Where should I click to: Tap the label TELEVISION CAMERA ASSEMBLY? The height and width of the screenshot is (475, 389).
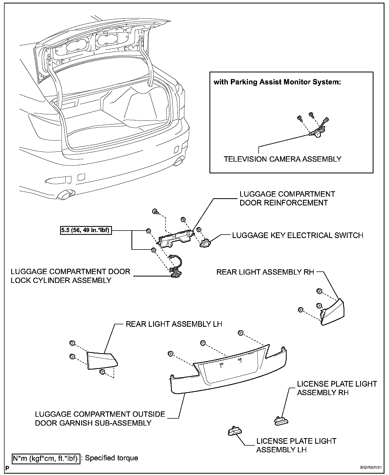(x=282, y=159)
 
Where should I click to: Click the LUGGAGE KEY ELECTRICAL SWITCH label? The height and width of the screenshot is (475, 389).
(x=298, y=235)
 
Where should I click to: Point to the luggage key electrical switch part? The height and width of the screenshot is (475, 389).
(x=206, y=243)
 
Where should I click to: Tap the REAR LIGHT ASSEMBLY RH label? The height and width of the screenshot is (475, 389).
(x=265, y=272)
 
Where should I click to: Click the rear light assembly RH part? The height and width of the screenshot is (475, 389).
(x=333, y=313)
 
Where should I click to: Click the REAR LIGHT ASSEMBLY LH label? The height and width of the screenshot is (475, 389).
(x=174, y=324)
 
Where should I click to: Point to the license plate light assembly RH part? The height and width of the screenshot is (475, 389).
(x=281, y=421)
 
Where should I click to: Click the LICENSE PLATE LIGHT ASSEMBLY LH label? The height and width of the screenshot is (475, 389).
(x=296, y=445)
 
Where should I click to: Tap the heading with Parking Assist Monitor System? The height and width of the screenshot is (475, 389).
(x=277, y=82)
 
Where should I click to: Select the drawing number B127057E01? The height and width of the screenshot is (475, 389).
(x=371, y=468)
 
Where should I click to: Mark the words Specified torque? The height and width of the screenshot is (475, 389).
(x=111, y=458)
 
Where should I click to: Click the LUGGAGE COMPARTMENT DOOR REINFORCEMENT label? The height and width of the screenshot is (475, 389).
(x=287, y=198)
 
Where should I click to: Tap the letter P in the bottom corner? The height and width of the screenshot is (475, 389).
(x=7, y=468)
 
